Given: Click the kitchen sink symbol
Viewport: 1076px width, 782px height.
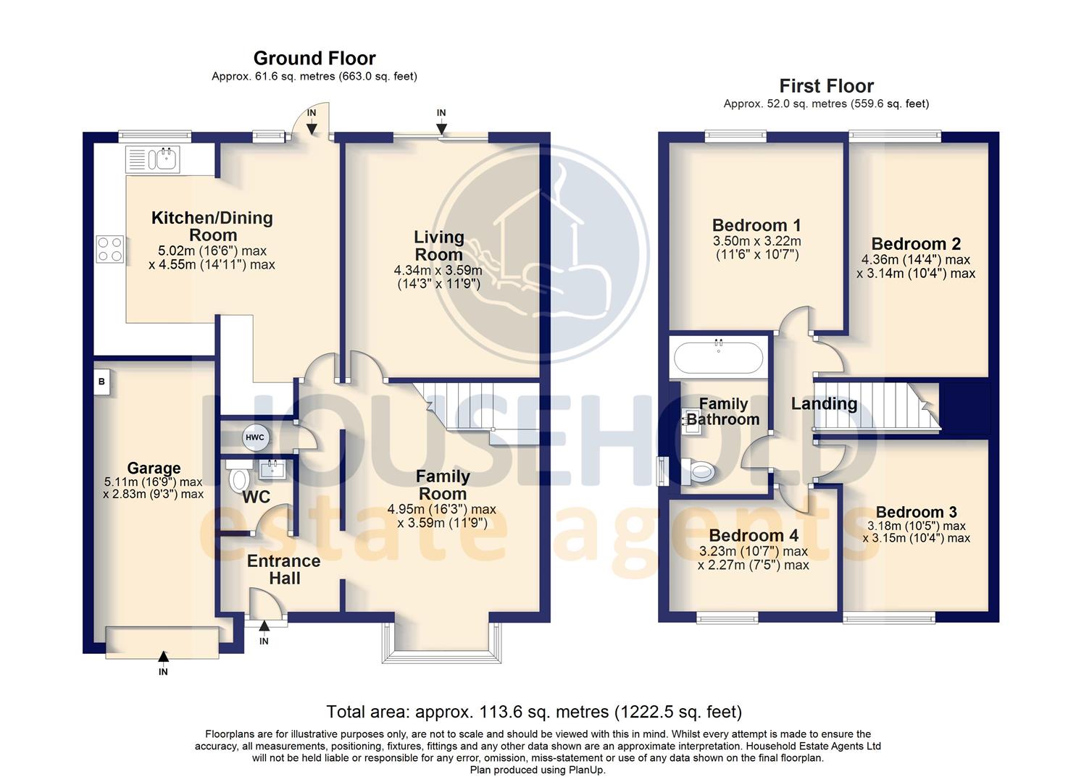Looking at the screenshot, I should pyautogui.click(x=153, y=159).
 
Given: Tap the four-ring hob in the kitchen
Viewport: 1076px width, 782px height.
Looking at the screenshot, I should pyautogui.click(x=109, y=249).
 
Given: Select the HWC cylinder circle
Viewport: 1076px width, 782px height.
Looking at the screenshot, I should pyautogui.click(x=255, y=437).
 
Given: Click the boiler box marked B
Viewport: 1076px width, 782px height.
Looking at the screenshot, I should pyautogui.click(x=101, y=382).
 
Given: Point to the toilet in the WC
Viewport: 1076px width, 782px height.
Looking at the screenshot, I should pyautogui.click(x=238, y=478).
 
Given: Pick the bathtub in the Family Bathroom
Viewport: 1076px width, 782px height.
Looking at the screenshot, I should pyautogui.click(x=718, y=357).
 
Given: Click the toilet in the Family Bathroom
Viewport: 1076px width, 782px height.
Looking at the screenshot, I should pyautogui.click(x=700, y=473).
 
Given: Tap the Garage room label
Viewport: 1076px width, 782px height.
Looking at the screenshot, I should pyautogui.click(x=154, y=468).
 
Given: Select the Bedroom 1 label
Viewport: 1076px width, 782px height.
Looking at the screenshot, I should pyautogui.click(x=756, y=225).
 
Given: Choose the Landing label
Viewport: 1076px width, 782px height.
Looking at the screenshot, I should pyautogui.click(x=824, y=404).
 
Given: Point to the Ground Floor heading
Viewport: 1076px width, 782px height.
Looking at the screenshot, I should pyautogui.click(x=314, y=58).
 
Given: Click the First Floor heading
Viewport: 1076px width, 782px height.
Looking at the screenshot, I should pyautogui.click(x=826, y=86).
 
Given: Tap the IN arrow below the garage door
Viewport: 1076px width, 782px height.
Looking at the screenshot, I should pyautogui.click(x=163, y=657).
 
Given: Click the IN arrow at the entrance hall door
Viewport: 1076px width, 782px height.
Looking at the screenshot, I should pyautogui.click(x=264, y=627).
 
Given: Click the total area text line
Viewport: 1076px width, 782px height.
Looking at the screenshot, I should pyautogui.click(x=534, y=712).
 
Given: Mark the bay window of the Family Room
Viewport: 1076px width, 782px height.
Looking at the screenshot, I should pyautogui.click(x=441, y=644).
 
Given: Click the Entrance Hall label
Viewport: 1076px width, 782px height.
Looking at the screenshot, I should pyautogui.click(x=284, y=569).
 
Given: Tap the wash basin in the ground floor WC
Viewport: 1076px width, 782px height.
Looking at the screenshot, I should pyautogui.click(x=273, y=468).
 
